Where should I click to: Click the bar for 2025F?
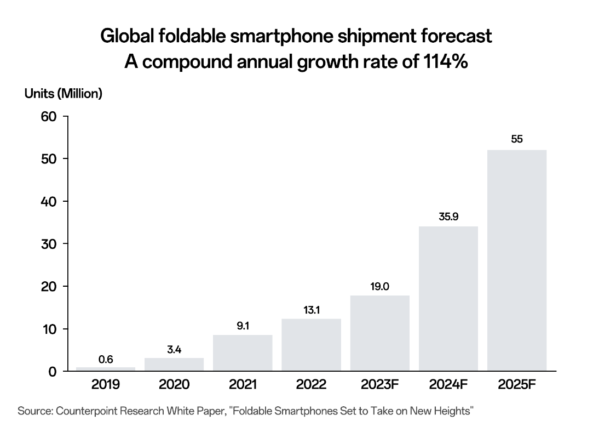click(516, 260)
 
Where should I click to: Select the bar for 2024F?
click(448, 299)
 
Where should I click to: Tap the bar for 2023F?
click(379, 333)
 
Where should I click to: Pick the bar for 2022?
click(311, 345)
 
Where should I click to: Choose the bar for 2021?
click(243, 353)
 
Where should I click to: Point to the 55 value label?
click(516, 139)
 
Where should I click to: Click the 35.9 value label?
click(448, 217)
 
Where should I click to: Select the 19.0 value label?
click(379, 286)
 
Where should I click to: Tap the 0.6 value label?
click(106, 360)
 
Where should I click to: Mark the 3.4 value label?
click(174, 349)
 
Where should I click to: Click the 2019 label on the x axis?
click(106, 385)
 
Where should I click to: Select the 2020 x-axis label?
click(174, 385)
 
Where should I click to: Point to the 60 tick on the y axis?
click(49, 117)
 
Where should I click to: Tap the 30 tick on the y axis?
click(49, 244)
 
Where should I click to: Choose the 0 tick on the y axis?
click(53, 372)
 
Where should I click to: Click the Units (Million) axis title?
click(64, 94)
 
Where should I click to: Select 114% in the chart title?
click(446, 61)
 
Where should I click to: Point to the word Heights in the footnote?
click(451, 411)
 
